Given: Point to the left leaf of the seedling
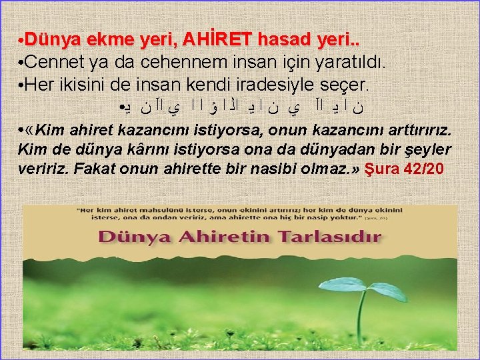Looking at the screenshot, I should coord(341,285).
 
